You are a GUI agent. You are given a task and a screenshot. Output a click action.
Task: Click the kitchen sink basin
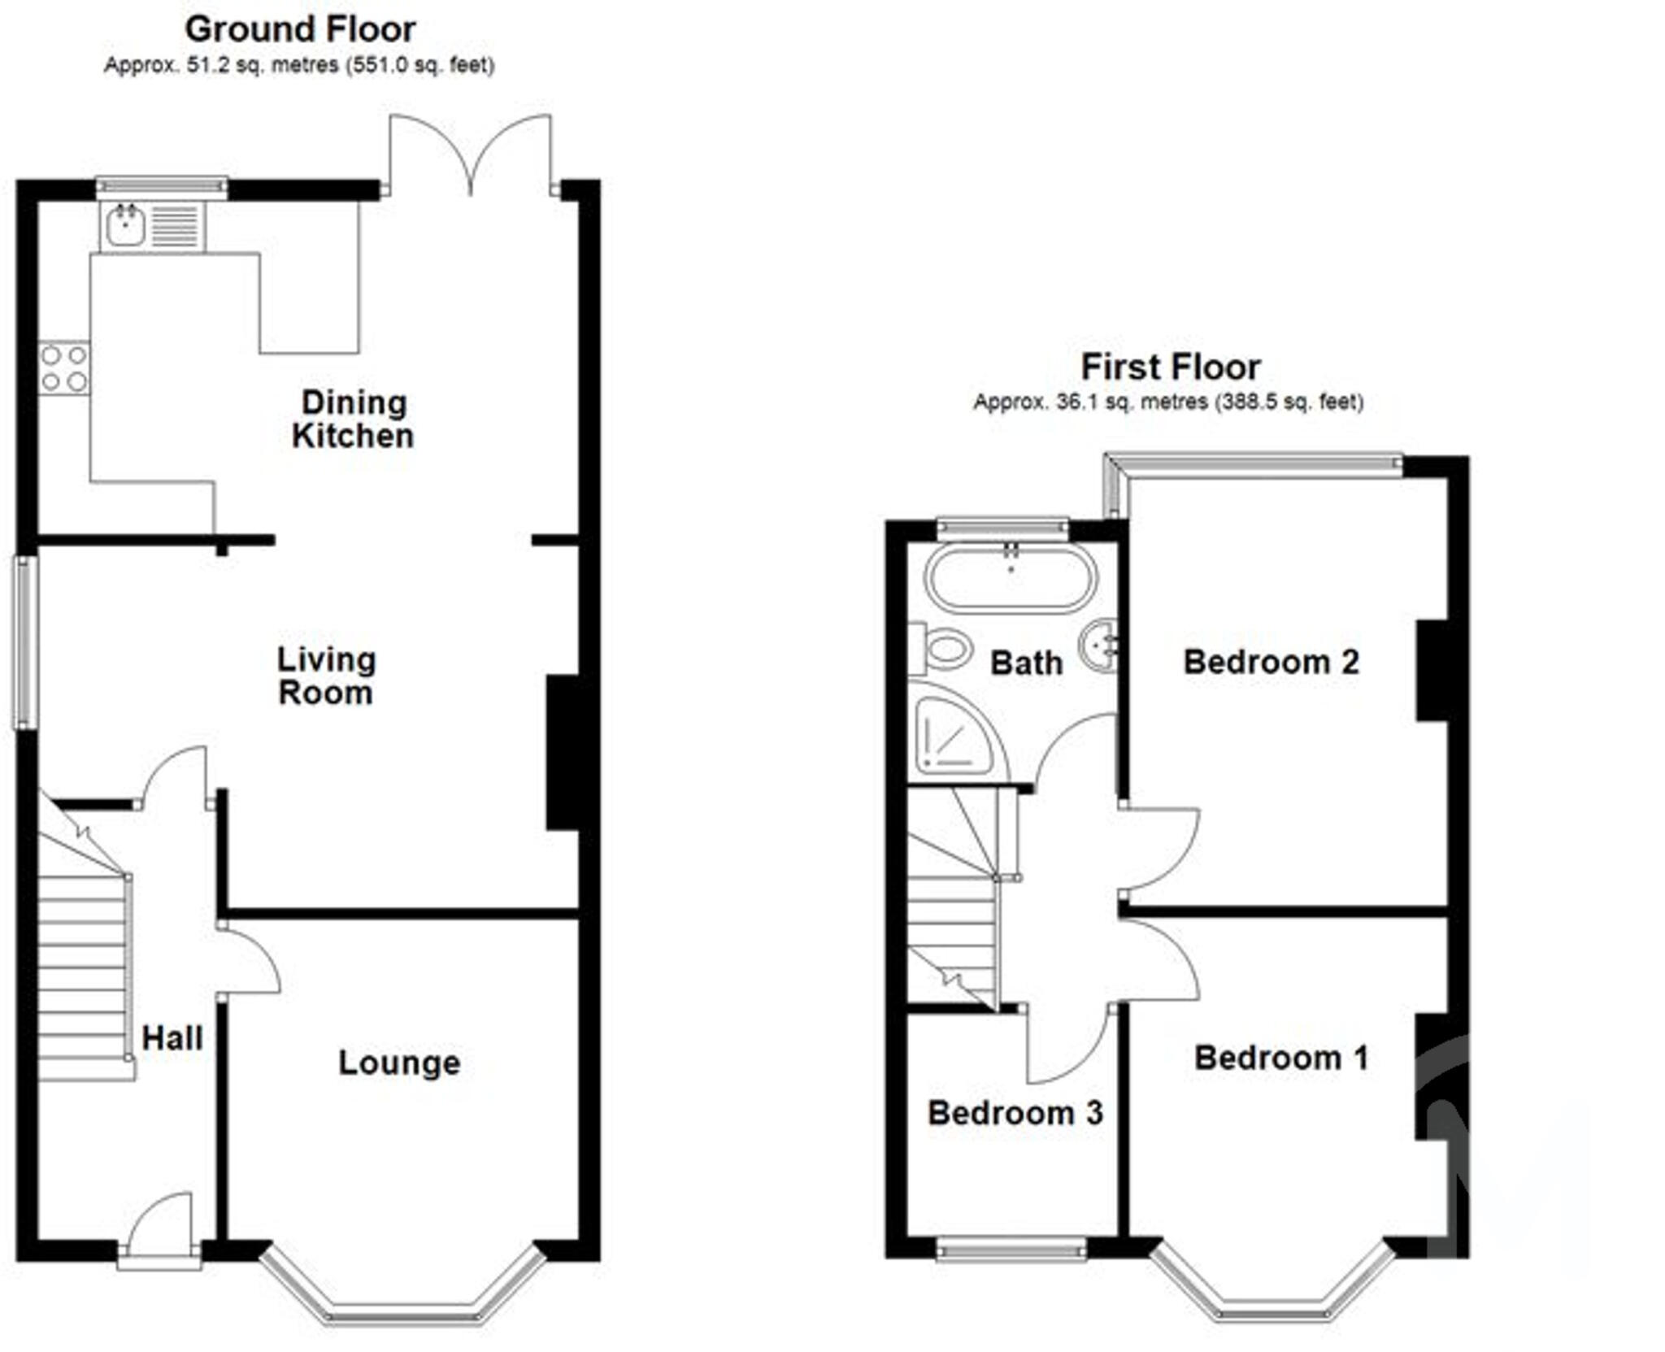pos(125,225)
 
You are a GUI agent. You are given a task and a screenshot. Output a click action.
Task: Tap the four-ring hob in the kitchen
pos(64,367)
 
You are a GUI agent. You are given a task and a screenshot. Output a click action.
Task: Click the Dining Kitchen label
pos(353,420)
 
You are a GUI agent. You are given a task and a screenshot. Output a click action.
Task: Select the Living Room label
pos(326,676)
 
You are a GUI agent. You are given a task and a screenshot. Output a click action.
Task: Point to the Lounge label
pos(399,1063)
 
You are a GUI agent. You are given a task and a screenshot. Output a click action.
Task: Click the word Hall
pos(172,1038)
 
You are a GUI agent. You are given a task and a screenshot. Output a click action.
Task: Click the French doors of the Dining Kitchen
pos(470,154)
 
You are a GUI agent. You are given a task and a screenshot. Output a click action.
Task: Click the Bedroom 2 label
pos(1271,663)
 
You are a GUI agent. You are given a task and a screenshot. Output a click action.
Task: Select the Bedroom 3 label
pos(1015,1113)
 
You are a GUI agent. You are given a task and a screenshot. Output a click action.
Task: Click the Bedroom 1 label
pos(1281,1058)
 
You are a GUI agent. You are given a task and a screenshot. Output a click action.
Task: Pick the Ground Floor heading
pos(300,30)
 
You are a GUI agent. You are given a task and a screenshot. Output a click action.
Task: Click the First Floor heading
pos(1170,367)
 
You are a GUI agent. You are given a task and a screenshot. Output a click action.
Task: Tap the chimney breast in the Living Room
pos(563,752)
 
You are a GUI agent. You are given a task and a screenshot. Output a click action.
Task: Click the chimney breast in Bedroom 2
pos(1432,671)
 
